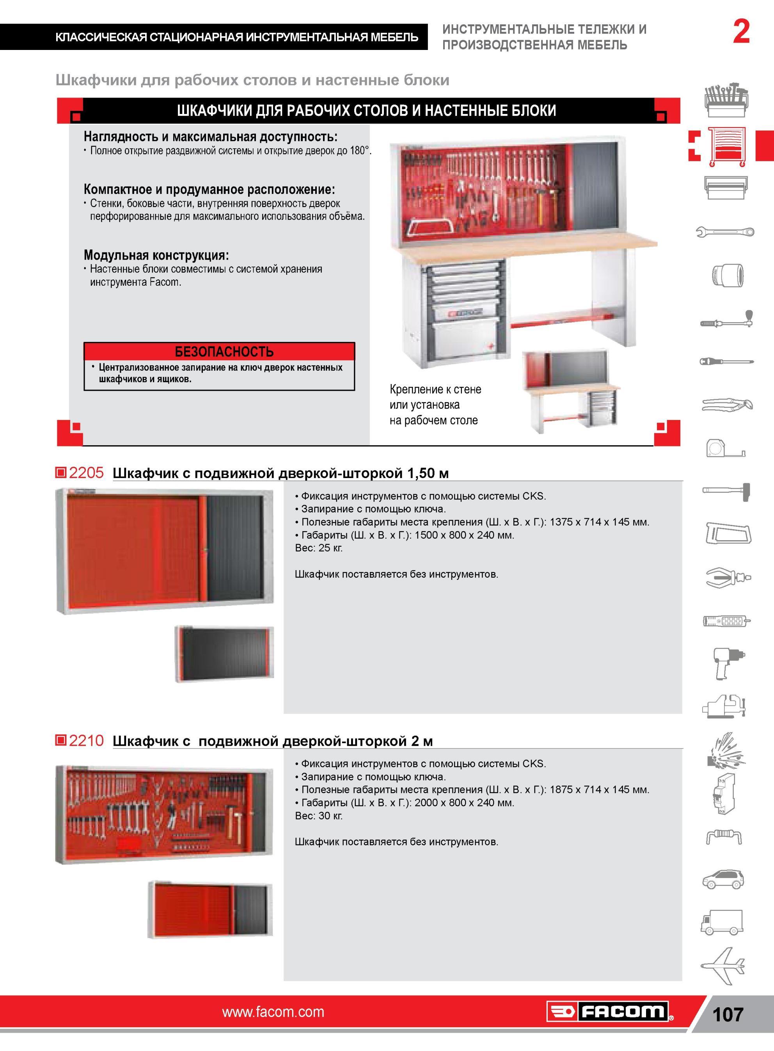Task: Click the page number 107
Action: [x=728, y=1014]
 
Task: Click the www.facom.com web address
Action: [x=273, y=1012]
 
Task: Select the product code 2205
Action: [x=86, y=472]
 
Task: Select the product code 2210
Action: [x=86, y=740]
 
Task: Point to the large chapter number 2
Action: [x=741, y=32]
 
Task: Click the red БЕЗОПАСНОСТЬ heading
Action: [x=224, y=351]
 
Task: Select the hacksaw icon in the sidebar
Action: [x=728, y=533]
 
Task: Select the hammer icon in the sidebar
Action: [x=726, y=491]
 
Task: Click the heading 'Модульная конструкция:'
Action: [x=156, y=255]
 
